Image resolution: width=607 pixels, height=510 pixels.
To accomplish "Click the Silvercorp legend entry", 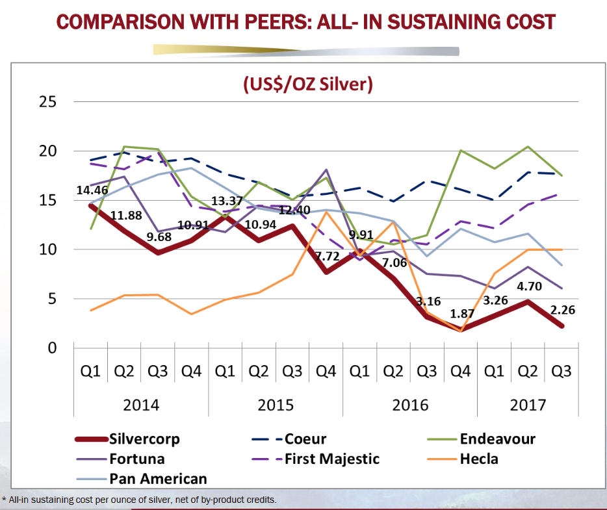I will pyautogui.click(x=145, y=439).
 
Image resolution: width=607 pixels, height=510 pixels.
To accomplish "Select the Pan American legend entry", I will pyautogui.click(x=159, y=479).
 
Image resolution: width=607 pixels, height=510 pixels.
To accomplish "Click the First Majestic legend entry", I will pyautogui.click(x=331, y=459).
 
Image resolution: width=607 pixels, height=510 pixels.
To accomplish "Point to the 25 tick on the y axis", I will pyautogui.click(x=47, y=102).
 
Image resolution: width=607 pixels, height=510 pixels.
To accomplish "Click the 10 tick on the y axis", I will pyautogui.click(x=47, y=249).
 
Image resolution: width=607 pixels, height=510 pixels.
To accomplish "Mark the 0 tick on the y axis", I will pyautogui.click(x=52, y=348).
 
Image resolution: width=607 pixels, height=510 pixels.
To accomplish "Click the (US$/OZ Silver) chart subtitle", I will pyautogui.click(x=307, y=84).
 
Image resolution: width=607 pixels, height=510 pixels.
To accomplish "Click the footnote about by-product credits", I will pyautogui.click(x=140, y=500).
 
